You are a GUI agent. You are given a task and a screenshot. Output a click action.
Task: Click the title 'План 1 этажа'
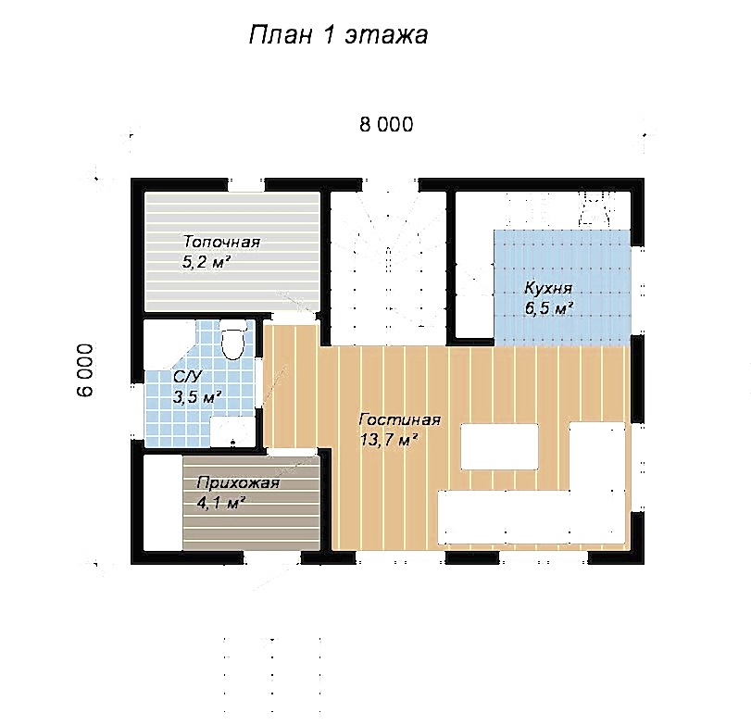tap(338, 35)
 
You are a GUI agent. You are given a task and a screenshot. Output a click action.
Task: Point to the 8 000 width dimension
tap(386, 124)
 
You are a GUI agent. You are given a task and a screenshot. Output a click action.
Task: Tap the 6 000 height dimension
tap(85, 370)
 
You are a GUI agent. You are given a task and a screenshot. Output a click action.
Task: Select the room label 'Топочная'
tap(221, 242)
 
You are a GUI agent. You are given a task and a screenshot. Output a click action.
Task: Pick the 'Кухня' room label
tap(548, 288)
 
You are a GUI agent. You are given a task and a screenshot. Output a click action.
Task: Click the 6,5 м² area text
tap(549, 308)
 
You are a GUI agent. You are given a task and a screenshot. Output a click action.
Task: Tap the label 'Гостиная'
tap(399, 419)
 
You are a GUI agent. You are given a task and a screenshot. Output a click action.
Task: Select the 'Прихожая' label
tap(238, 482)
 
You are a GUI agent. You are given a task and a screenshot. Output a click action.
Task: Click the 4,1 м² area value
tap(221, 503)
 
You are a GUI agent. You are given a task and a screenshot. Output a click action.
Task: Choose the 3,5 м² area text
tap(197, 397)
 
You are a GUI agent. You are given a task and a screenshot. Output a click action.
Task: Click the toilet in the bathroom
tap(233, 341)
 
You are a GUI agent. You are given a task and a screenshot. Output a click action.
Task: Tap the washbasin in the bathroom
tap(232, 431)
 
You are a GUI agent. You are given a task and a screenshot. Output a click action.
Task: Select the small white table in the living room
tap(499, 446)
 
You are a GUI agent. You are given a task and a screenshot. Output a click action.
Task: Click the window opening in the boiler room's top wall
tap(246, 185)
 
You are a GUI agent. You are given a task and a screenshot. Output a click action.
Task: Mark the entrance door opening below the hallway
tap(272, 557)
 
